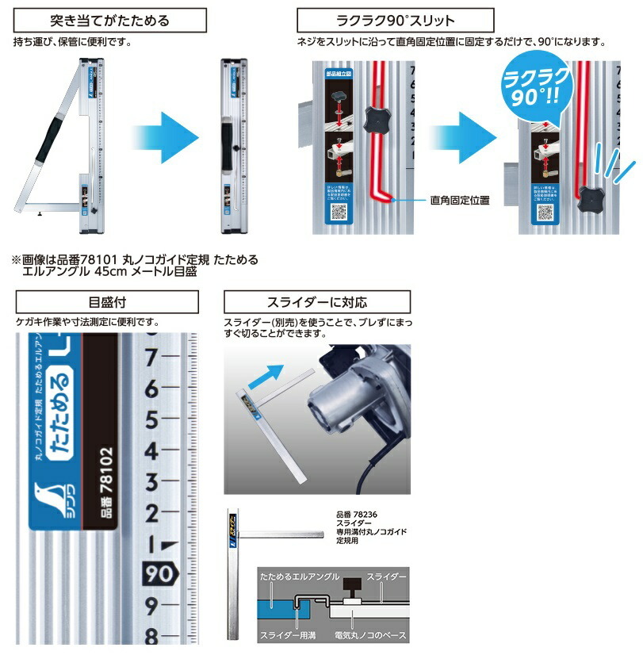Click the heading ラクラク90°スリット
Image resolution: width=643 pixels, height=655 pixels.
click(395, 19)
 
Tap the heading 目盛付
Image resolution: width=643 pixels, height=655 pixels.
click(106, 302)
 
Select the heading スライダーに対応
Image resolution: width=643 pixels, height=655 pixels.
click(317, 302)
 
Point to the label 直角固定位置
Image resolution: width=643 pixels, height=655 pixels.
click(459, 200)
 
